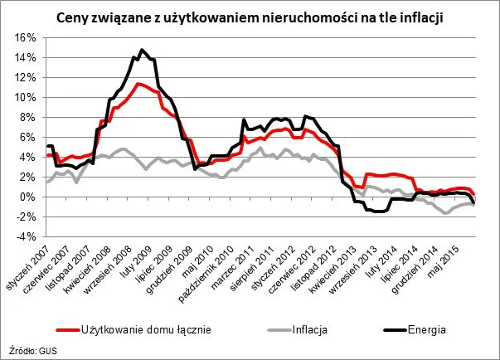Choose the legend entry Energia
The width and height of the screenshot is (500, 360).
coord(425,328)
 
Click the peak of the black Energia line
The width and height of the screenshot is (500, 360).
coord(142,51)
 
